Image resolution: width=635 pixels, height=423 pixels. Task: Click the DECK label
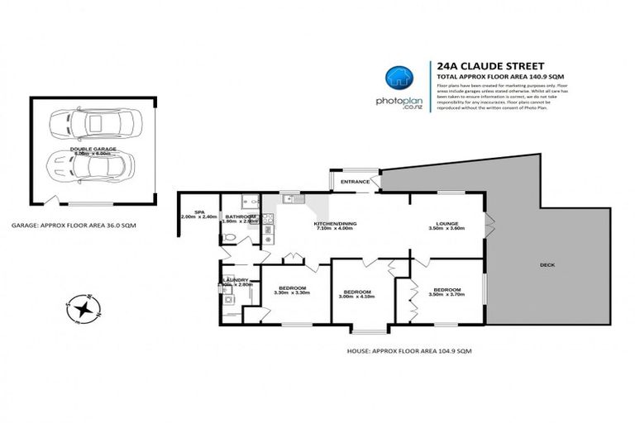[x=547, y=265]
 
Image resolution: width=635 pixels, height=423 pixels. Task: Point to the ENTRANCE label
[x=354, y=180]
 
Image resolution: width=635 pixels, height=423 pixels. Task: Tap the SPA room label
[x=198, y=212]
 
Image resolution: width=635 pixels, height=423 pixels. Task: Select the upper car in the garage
[x=91, y=126]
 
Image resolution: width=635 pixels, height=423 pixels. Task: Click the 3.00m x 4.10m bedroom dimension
[x=357, y=297]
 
